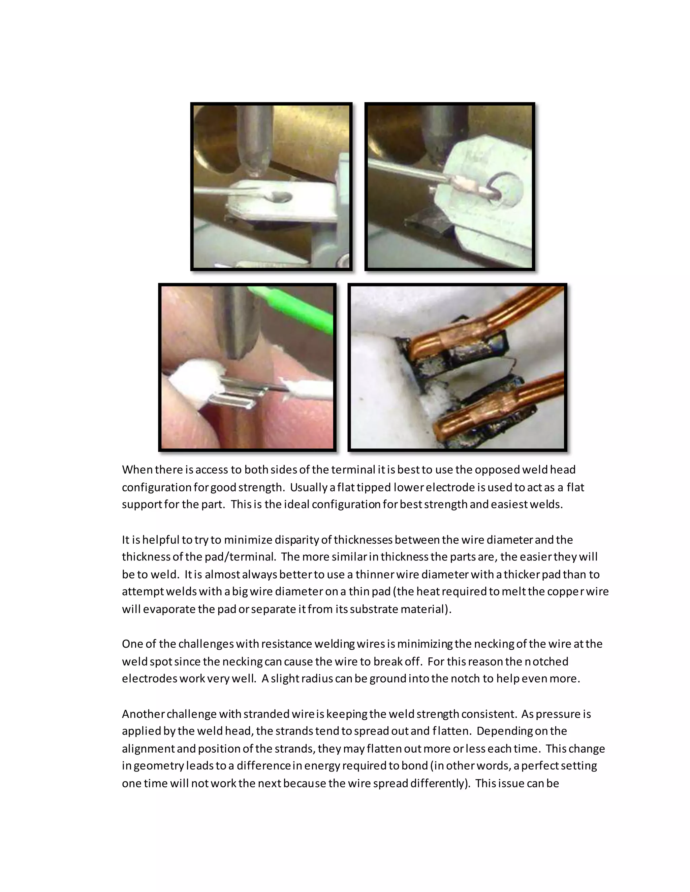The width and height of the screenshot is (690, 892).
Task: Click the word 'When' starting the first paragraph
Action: click(137, 470)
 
